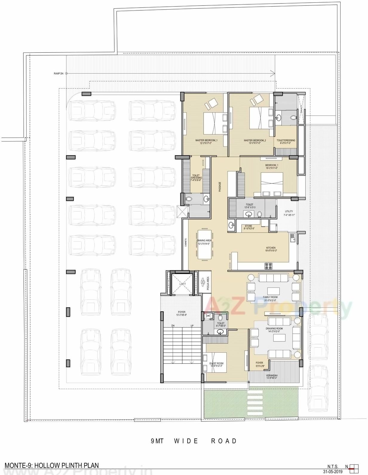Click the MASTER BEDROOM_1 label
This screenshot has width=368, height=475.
point(206,140)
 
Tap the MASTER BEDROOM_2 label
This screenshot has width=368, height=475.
point(254,140)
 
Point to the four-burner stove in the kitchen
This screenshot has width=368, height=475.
point(268,266)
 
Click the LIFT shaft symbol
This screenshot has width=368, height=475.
point(183,284)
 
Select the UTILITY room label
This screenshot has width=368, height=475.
point(289,211)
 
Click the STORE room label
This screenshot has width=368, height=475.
point(248,226)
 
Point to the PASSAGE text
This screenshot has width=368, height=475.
point(220,187)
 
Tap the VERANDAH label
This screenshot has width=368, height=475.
point(272,375)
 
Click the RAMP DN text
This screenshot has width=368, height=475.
point(59,73)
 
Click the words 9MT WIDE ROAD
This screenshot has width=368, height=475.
point(194,441)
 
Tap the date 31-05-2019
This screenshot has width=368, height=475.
point(333,472)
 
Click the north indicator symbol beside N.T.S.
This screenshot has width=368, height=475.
point(354,468)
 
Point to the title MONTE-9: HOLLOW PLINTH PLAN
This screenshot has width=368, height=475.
point(51,465)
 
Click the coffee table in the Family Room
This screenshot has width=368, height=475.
point(273,291)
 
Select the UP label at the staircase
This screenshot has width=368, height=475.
point(192,325)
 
